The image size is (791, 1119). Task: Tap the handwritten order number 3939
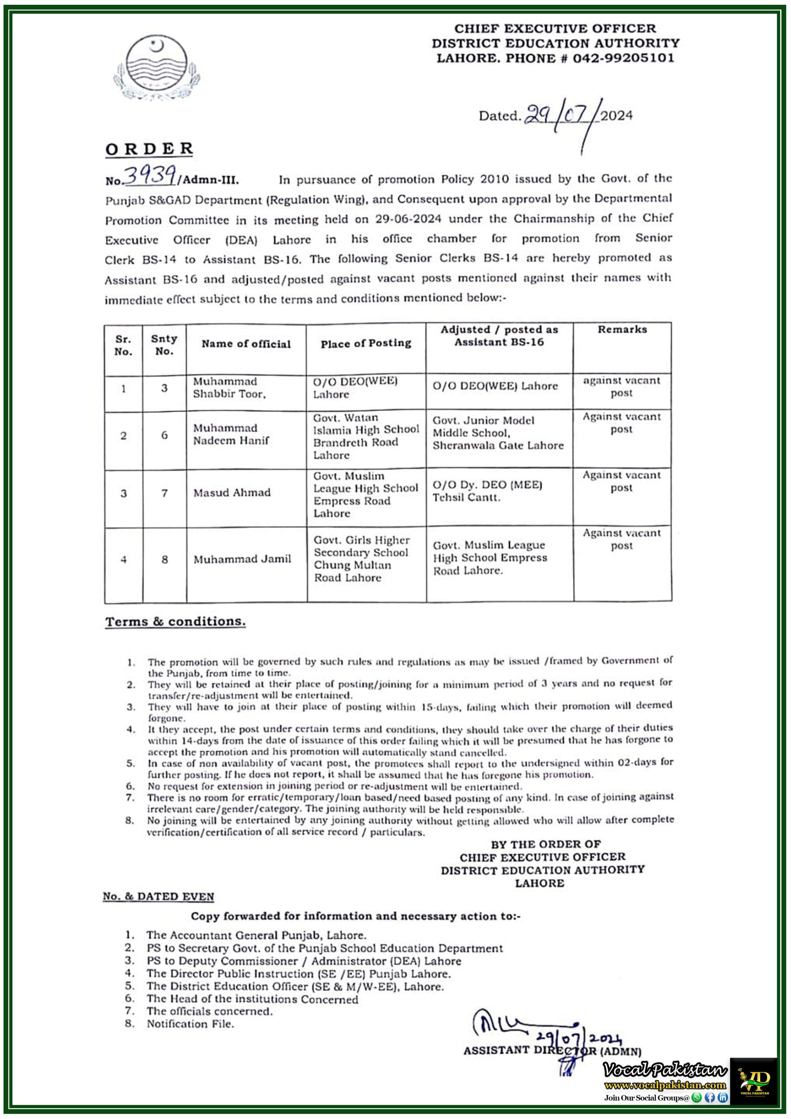[150, 175]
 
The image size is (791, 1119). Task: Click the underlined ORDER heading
[149, 149]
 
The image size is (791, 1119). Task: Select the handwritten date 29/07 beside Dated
[561, 116]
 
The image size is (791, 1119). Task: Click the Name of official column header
[246, 344]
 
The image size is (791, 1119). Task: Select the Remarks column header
[622, 330]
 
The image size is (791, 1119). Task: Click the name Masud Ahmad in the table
[232, 493]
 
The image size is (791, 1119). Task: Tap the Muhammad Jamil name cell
[242, 559]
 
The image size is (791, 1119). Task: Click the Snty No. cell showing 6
[165, 435]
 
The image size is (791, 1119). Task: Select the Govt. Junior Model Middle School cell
[498, 433]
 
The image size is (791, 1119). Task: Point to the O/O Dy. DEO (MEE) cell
[487, 491]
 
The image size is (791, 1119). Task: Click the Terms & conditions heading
[175, 622]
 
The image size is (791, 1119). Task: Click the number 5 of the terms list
[131, 763]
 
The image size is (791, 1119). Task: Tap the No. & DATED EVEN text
[158, 896]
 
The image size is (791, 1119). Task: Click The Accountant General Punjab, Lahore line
[257, 935]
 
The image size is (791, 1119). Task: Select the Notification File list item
[191, 1024]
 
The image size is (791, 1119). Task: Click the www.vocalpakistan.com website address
[665, 1085]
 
